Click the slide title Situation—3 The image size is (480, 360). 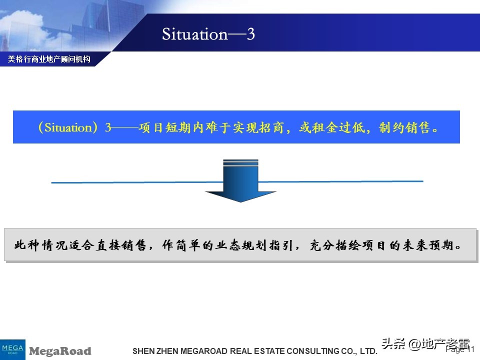pyautogui.click(x=208, y=34)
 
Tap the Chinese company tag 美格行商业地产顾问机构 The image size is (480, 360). pyautogui.click(x=49, y=59)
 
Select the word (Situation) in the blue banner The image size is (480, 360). pyautogui.click(x=65, y=127)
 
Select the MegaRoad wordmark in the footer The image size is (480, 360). pyautogui.click(x=60, y=351)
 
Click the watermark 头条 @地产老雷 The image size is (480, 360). pyautogui.click(x=425, y=344)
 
